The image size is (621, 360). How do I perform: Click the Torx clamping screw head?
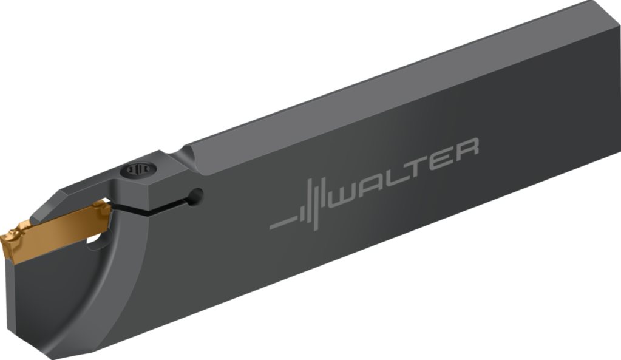coord(138,170)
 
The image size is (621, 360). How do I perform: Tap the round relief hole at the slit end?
coord(195,195)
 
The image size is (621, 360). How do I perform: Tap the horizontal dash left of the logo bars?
coord(280,223)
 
